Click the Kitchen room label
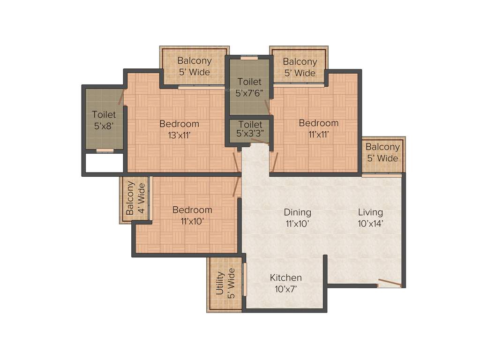pyautogui.click(x=285, y=278)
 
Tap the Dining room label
pyautogui.click(x=297, y=212)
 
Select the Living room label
pyautogui.click(x=370, y=212)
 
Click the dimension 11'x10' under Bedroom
pyautogui.click(x=192, y=221)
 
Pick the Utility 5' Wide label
pyautogui.click(x=225, y=283)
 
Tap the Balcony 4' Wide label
pyautogui.click(x=135, y=198)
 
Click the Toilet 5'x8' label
pyautogui.click(x=104, y=120)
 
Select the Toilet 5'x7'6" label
pyautogui.click(x=249, y=87)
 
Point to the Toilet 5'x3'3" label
pyautogui.click(x=250, y=129)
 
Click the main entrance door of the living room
pyautogui.click(x=390, y=283)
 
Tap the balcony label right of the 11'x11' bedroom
pyautogui.click(x=382, y=152)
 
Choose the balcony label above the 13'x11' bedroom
pyautogui.click(x=194, y=66)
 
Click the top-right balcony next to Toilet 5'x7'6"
pyautogui.click(x=300, y=67)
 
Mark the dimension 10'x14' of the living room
pyautogui.click(x=370, y=224)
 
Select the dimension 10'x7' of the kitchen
pyautogui.click(x=285, y=289)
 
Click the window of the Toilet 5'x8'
pyautogui.click(x=105, y=150)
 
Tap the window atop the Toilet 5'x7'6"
pyautogui.click(x=249, y=58)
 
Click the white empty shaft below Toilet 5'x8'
pyautogui.click(x=104, y=163)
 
